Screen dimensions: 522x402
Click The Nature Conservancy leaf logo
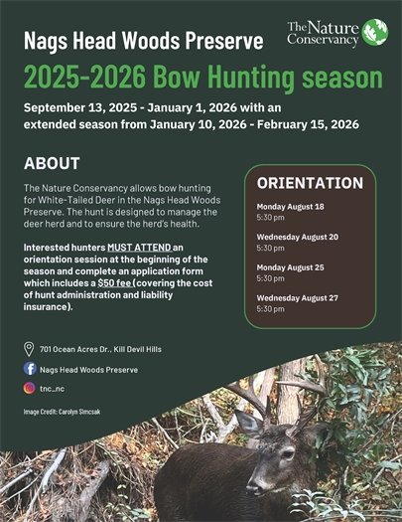(374, 31)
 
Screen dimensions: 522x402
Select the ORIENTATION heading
(310, 183)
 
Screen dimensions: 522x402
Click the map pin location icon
(29, 349)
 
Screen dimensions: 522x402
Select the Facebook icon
(29, 369)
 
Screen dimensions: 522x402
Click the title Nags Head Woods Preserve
(144, 42)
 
